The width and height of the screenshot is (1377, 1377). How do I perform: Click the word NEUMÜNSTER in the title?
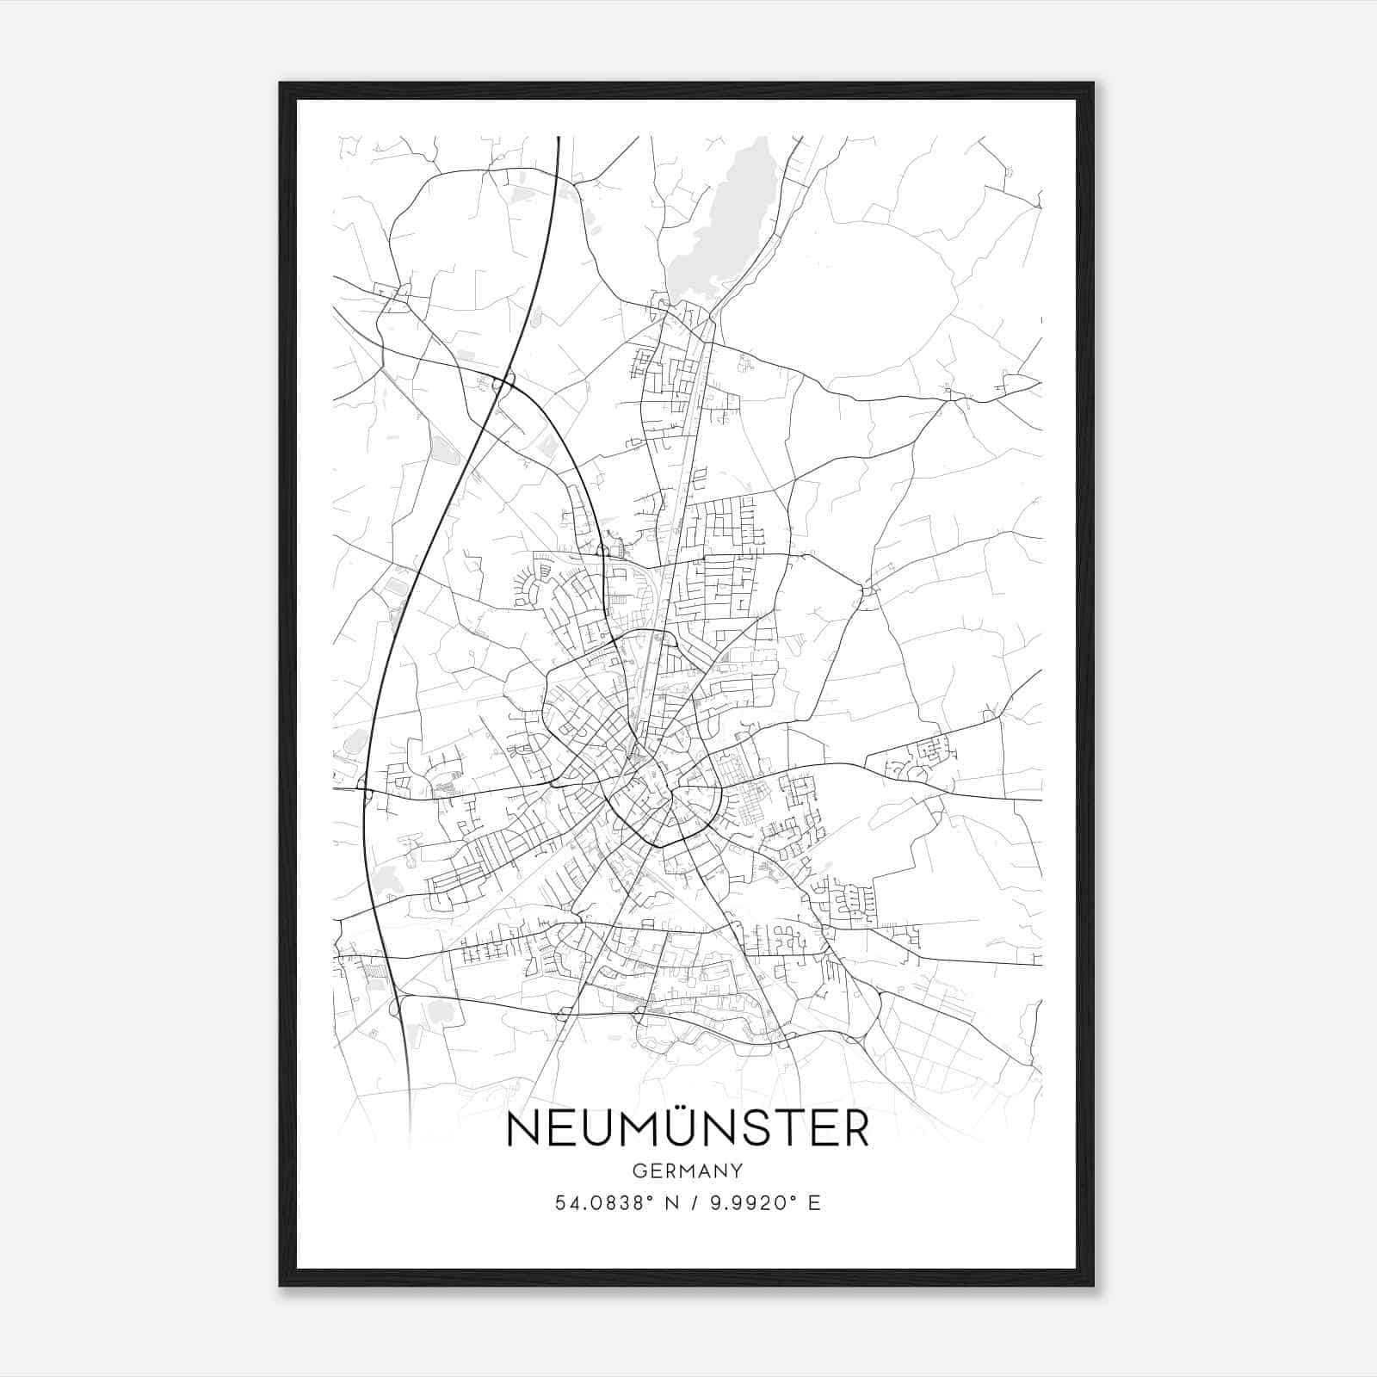tap(688, 1130)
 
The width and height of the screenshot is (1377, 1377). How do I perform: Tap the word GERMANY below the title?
tap(688, 1171)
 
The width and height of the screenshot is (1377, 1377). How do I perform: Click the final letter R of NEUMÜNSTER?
tap(855, 1130)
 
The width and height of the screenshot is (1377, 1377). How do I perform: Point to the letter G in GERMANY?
tap(639, 1171)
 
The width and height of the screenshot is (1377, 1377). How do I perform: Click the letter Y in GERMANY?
tap(736, 1171)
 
